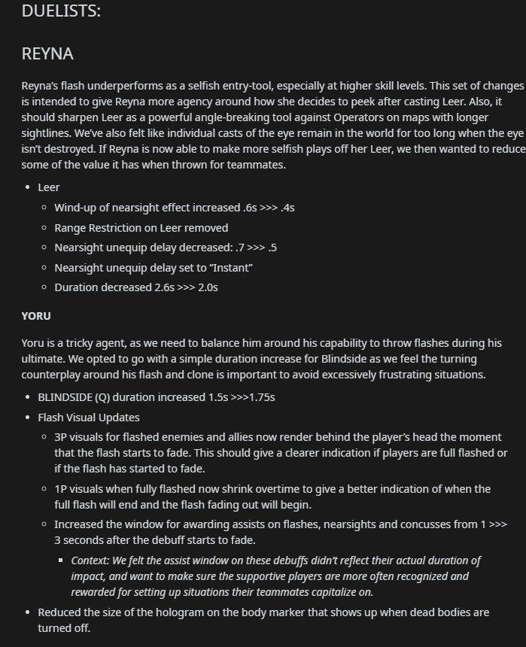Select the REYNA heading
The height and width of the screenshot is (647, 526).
(x=47, y=54)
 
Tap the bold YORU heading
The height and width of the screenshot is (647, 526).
(x=36, y=316)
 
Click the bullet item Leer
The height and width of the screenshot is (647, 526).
(x=49, y=187)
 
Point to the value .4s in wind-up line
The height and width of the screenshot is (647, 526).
(x=287, y=208)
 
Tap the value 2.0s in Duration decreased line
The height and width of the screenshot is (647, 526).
(x=208, y=287)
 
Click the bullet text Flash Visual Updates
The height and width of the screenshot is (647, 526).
(x=89, y=418)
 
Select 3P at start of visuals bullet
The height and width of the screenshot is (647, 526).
(x=61, y=437)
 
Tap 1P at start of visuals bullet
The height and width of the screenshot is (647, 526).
(x=61, y=489)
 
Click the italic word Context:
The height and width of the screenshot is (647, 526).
(x=90, y=560)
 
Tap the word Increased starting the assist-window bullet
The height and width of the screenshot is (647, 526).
(x=78, y=524)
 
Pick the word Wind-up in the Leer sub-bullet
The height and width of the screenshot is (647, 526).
(x=74, y=208)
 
